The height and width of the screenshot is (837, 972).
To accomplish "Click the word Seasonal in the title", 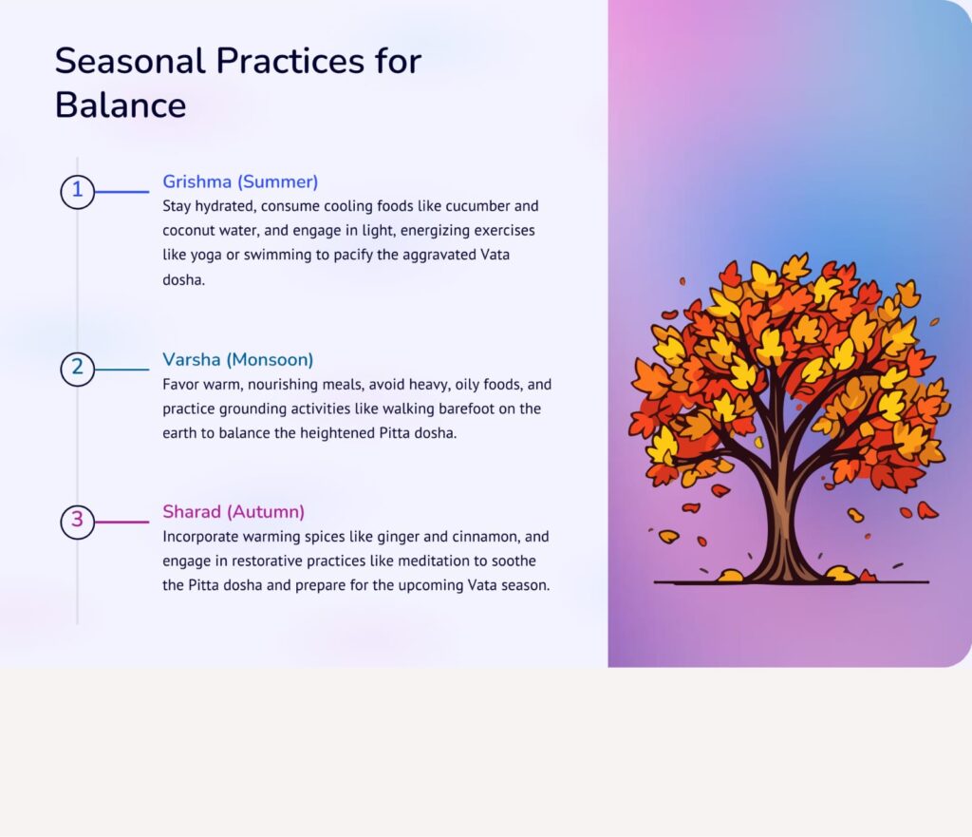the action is click(x=130, y=61).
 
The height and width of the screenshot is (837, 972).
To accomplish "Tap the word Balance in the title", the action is click(x=121, y=105).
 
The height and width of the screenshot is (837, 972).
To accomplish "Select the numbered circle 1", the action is click(x=78, y=192).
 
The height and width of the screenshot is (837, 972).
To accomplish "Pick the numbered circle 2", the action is click(x=78, y=370).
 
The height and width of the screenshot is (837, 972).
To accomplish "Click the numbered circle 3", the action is click(x=78, y=522).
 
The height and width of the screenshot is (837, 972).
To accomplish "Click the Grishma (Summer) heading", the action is click(x=240, y=181).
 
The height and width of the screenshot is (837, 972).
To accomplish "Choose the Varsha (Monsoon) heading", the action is click(x=238, y=360).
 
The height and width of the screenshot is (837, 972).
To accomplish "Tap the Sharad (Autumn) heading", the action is click(x=234, y=512).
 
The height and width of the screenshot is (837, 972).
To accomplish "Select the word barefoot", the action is click(x=467, y=409).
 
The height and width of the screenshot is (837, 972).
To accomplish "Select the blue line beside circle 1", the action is click(x=122, y=192).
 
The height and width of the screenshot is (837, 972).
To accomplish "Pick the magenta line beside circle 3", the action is click(x=122, y=522).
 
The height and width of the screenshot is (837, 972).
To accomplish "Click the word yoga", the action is click(x=206, y=256).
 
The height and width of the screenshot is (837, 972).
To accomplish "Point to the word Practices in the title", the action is click(x=290, y=61).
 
